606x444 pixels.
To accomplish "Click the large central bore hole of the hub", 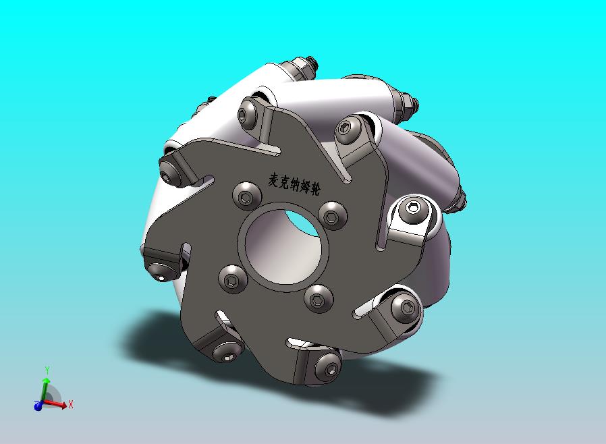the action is (283, 247).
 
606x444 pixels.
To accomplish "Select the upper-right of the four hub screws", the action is (333, 216).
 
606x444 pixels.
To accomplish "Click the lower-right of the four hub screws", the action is (319, 299).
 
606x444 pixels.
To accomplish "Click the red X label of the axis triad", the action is (71, 405).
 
